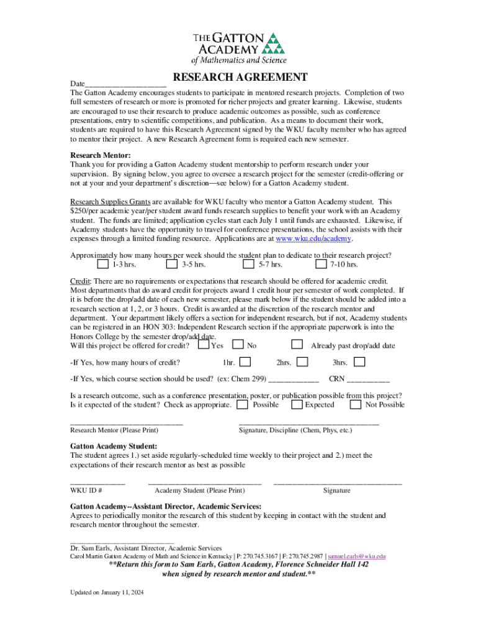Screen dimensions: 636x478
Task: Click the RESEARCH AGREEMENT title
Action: tap(240, 78)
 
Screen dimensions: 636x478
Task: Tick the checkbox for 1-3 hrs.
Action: tap(105, 264)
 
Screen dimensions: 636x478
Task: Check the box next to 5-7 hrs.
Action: tap(248, 264)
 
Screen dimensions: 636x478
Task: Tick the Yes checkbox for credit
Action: tap(203, 344)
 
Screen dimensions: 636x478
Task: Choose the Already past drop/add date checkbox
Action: tap(297, 344)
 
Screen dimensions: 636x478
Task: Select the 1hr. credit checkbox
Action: tap(246, 361)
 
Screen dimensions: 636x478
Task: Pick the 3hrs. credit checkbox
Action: tap(359, 361)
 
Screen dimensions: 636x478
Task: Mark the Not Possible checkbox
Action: tap(356, 404)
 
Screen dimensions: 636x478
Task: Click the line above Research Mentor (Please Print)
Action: tap(127, 423)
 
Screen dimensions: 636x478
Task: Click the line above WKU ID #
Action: tap(97, 483)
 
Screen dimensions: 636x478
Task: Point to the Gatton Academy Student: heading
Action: tap(114, 446)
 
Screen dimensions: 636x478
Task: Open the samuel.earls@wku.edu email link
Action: tap(356, 556)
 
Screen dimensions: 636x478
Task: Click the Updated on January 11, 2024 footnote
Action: tap(107, 593)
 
